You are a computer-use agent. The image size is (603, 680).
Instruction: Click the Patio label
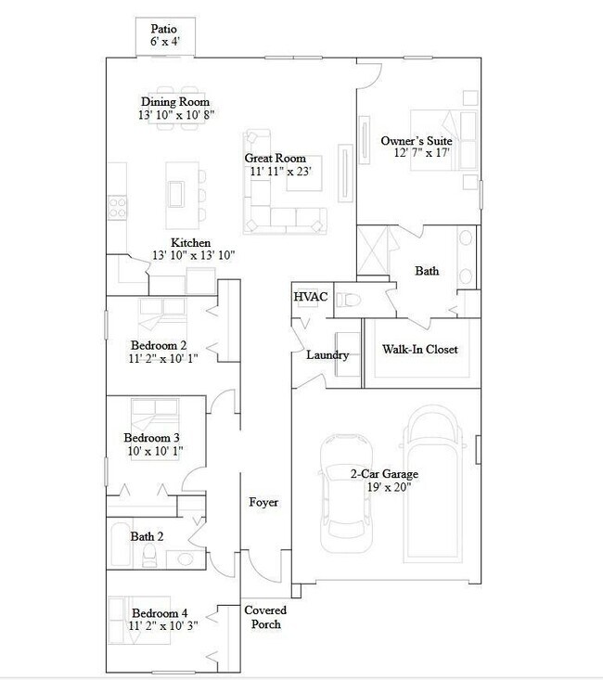(x=164, y=29)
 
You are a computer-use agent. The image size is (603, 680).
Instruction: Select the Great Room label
(x=276, y=159)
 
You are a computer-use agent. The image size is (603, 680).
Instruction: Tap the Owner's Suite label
(x=415, y=141)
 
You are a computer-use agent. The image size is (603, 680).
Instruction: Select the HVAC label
(x=310, y=297)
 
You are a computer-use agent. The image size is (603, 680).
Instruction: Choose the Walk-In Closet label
(x=420, y=350)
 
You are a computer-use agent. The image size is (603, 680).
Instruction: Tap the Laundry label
(x=327, y=355)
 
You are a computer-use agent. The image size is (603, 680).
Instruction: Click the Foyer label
(x=263, y=502)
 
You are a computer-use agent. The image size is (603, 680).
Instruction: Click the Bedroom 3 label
(x=151, y=438)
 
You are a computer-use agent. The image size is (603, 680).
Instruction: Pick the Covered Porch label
(x=264, y=617)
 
